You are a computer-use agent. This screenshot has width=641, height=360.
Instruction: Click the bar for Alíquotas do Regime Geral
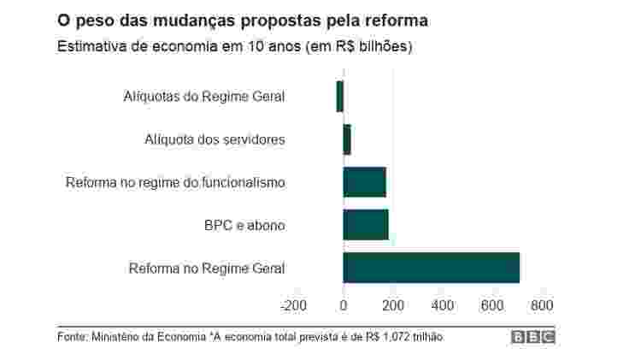339,96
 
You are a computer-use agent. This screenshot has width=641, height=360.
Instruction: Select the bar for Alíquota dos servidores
347,139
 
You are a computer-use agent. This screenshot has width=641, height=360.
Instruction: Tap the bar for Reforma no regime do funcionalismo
364,182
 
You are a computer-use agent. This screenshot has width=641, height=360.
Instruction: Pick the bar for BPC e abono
366,225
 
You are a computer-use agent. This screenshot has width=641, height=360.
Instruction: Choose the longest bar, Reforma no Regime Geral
431,268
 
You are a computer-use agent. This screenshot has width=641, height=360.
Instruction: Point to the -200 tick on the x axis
293,304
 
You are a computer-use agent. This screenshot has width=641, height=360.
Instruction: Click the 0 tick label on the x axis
344,304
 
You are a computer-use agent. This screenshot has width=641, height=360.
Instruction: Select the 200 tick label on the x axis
393,304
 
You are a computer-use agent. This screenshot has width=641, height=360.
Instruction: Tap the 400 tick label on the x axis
443,304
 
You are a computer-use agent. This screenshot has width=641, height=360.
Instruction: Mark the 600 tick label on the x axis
492,304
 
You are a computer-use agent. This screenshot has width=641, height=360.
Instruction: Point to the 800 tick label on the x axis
542,304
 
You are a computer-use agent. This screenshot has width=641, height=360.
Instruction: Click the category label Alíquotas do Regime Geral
203,96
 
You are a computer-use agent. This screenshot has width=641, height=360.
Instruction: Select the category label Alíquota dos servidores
215,139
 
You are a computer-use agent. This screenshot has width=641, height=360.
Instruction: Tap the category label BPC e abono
244,226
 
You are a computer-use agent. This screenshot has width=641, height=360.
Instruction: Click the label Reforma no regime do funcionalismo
175,182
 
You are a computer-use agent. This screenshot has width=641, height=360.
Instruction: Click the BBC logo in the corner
533,337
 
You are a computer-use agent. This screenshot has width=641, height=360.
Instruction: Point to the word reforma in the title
397,19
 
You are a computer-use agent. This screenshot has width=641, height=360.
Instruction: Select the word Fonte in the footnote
73,337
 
